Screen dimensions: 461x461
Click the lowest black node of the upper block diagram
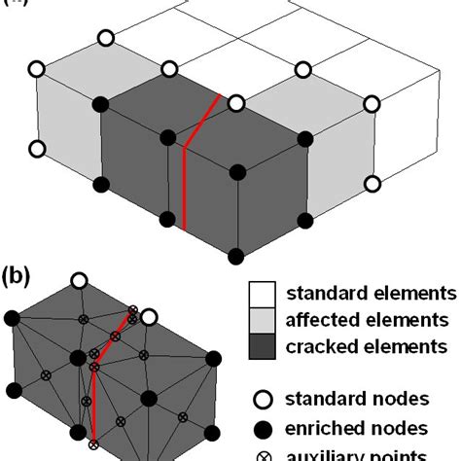[237, 256]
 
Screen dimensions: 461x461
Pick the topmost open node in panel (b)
[79, 281]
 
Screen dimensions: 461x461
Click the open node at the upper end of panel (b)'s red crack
[149, 317]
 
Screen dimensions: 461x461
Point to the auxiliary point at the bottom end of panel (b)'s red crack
[93, 444]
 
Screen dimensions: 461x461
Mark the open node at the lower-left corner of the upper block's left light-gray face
[38, 150]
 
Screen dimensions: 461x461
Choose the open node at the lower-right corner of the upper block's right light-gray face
[373, 183]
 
